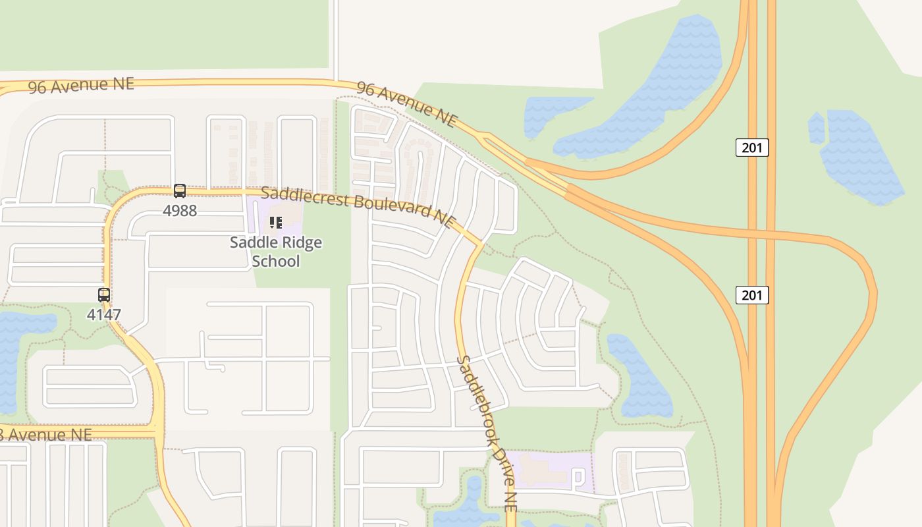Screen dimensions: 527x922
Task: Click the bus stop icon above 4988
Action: click(x=179, y=191)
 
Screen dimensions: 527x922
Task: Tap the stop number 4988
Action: click(x=179, y=211)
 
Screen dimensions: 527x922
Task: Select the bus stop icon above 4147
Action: click(x=104, y=294)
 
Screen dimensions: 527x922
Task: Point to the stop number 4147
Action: click(x=104, y=315)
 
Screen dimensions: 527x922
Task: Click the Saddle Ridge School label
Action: click(x=276, y=252)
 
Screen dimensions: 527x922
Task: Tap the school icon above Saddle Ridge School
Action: click(x=276, y=223)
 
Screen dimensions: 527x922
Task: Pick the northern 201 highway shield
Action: click(x=751, y=148)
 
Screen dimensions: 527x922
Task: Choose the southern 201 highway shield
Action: click(x=751, y=294)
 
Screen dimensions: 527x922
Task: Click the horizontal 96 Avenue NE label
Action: click(x=81, y=85)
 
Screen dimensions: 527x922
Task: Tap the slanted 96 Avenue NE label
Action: click(x=407, y=104)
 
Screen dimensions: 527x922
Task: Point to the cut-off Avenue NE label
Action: click(x=46, y=435)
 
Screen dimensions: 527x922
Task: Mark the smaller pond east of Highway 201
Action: click(x=816, y=128)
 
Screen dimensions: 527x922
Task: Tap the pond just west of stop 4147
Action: click(x=16, y=349)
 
